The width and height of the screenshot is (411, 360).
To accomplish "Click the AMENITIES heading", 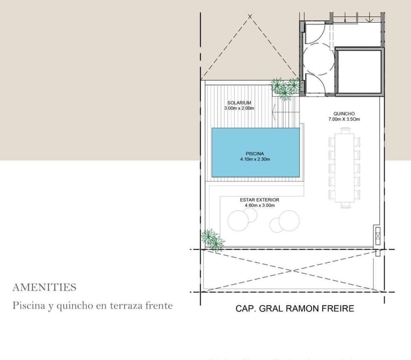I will coord(44,287).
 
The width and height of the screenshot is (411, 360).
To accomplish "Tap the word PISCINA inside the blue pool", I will coord(255,153).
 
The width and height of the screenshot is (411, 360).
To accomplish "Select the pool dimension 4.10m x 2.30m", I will coord(255,159).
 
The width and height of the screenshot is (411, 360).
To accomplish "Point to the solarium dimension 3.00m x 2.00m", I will coord(239,108).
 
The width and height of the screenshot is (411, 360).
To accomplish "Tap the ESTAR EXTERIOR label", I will coord(259,200).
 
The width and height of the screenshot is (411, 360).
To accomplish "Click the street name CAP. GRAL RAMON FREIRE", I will coord(294,309).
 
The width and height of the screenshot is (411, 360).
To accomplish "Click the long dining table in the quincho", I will coord(343,166).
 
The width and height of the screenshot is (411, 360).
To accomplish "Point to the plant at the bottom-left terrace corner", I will coord(212,240).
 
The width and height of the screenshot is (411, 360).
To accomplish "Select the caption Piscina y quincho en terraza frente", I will coord(92,305).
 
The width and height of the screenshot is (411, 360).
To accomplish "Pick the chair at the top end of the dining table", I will coord(343,128).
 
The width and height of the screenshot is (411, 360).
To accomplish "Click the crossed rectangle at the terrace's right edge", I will coord(378,237).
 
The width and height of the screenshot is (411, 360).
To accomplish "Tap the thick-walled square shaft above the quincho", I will coord(358,72).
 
